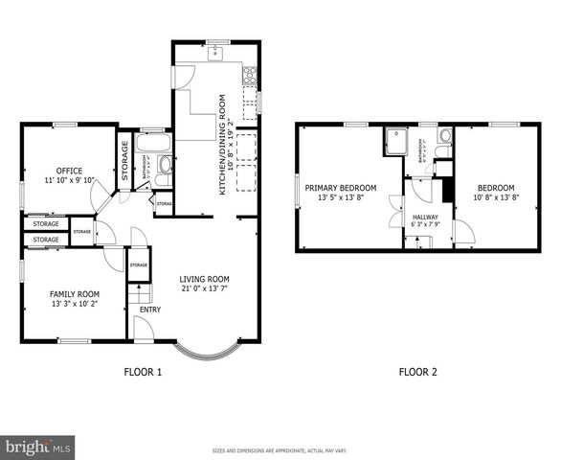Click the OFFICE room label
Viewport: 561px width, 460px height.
point(69,170)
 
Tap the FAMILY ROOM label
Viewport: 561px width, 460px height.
point(74,294)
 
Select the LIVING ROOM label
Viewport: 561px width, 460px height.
point(205,280)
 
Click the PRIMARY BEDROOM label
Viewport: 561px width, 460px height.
point(347,188)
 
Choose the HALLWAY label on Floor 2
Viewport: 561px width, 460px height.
point(425,218)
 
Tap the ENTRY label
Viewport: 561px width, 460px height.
point(150,310)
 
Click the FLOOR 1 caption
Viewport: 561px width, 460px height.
point(144,372)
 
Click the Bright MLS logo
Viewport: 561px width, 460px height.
point(38,447)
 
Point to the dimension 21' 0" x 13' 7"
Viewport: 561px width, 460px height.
point(205,290)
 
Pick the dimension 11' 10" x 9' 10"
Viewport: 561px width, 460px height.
point(69,180)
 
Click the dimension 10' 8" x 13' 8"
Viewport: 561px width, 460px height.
point(496,198)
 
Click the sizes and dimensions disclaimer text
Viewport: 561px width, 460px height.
point(280,450)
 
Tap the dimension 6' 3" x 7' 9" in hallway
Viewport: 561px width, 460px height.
point(425,226)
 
